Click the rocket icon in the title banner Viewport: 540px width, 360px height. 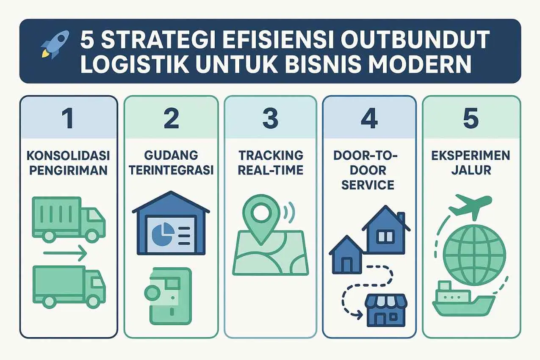(x=55, y=44)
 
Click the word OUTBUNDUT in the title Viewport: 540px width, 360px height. (x=415, y=39)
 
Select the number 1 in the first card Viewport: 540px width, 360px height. (x=68, y=118)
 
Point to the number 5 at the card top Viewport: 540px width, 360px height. (x=471, y=118)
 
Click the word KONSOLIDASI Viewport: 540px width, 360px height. (x=69, y=155)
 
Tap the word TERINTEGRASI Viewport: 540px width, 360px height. (x=171, y=170)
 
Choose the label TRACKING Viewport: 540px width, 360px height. (x=271, y=155)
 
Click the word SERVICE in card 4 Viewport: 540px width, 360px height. (x=368, y=185)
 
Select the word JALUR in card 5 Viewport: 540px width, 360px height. (x=471, y=170)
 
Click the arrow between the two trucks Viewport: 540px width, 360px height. (x=65, y=253)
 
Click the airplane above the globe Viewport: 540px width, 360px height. (x=470, y=206)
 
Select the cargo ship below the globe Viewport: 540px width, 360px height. (x=463, y=299)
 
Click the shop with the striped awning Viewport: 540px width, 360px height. (x=386, y=310)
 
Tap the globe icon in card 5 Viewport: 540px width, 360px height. (x=474, y=255)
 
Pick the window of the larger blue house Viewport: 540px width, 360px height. (x=385, y=237)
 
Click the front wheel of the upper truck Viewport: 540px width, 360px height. (x=92, y=236)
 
